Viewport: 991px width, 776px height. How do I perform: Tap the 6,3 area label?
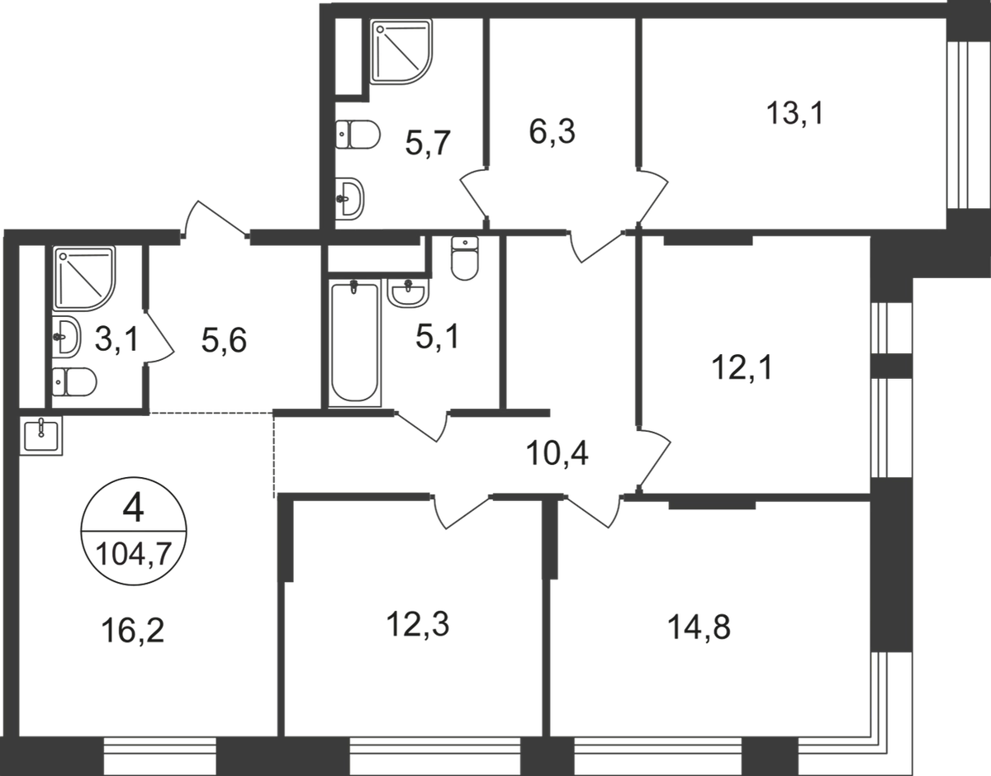(549, 132)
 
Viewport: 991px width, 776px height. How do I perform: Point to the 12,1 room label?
(733, 366)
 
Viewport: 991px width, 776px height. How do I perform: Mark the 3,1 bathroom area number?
(113, 340)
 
